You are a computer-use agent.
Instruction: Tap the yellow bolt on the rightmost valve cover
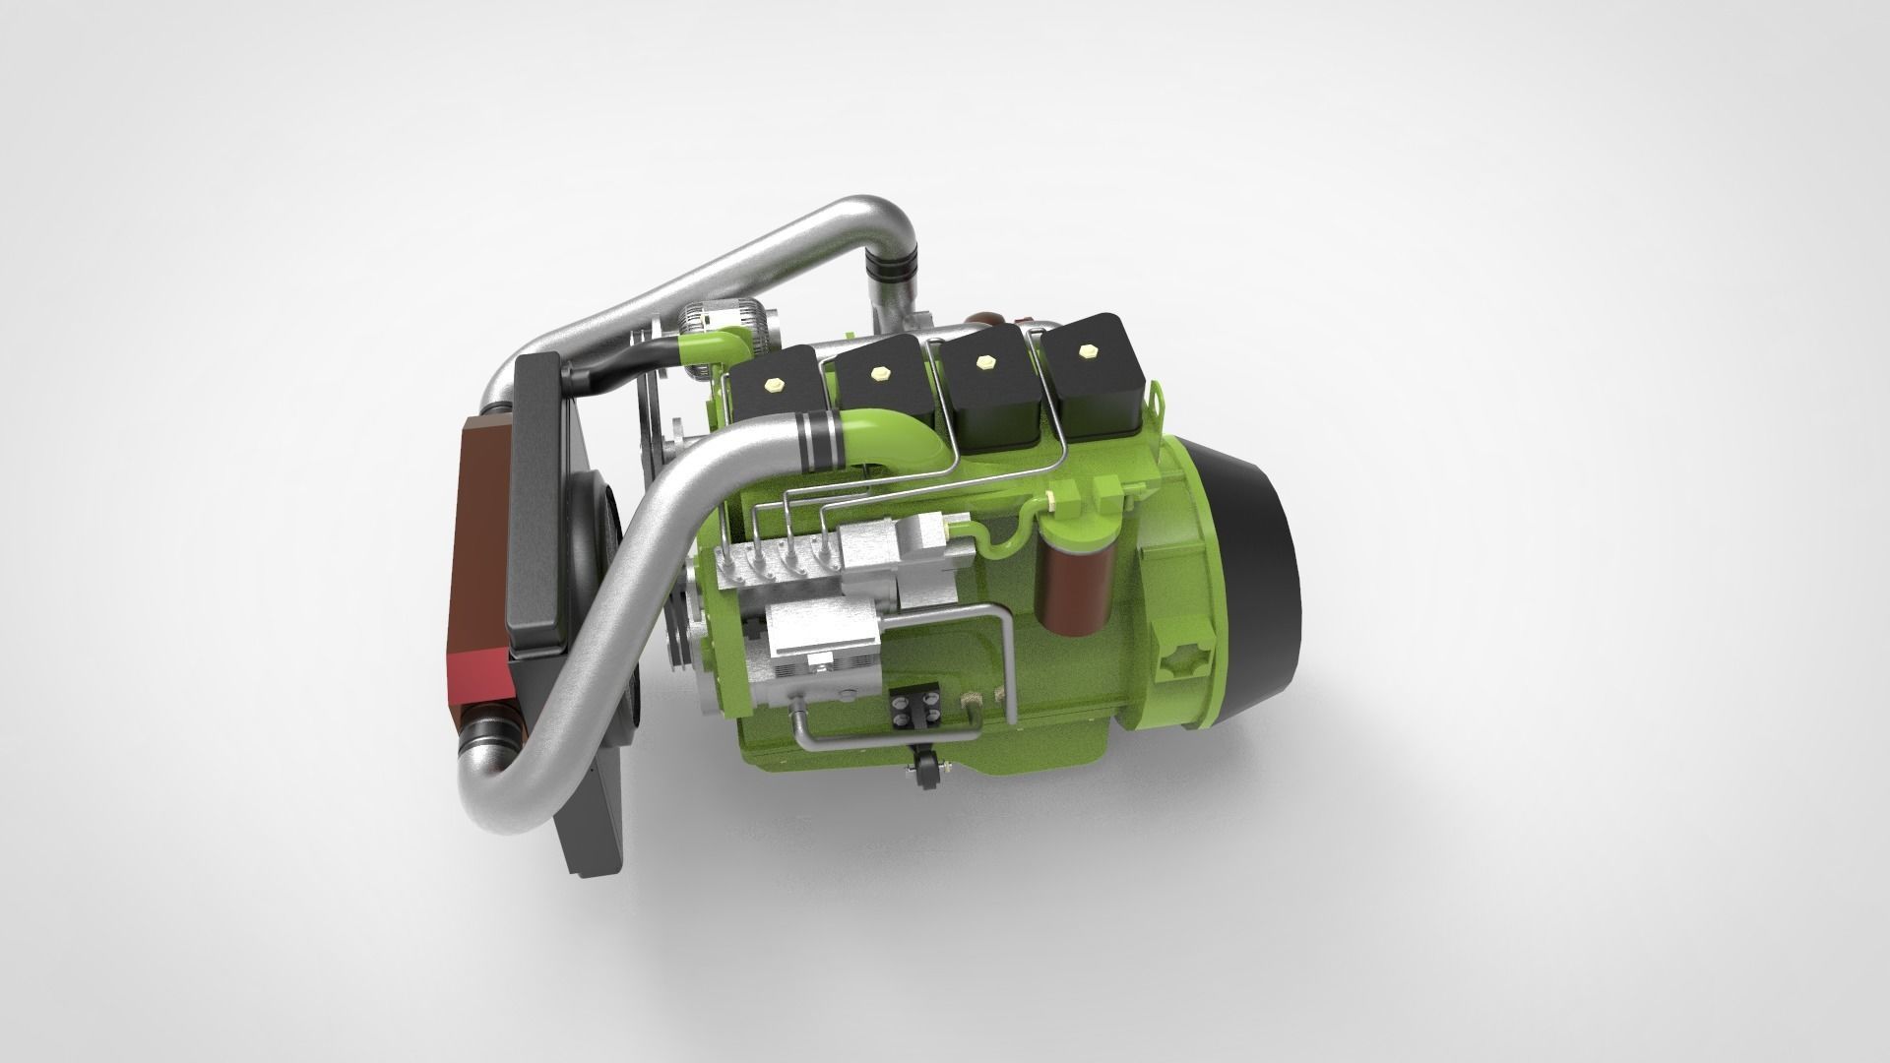[1088, 350]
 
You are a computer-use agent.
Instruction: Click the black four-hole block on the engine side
[908, 708]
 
